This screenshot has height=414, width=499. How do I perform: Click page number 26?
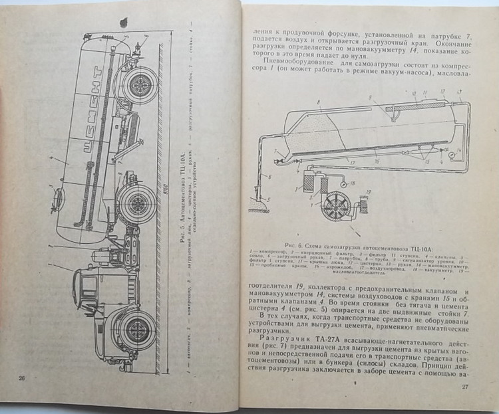(x=21, y=377)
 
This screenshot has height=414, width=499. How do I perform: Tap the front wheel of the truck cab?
(x=138, y=328)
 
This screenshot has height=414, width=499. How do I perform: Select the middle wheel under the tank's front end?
(x=138, y=198)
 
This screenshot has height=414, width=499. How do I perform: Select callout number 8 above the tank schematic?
(x=319, y=101)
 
